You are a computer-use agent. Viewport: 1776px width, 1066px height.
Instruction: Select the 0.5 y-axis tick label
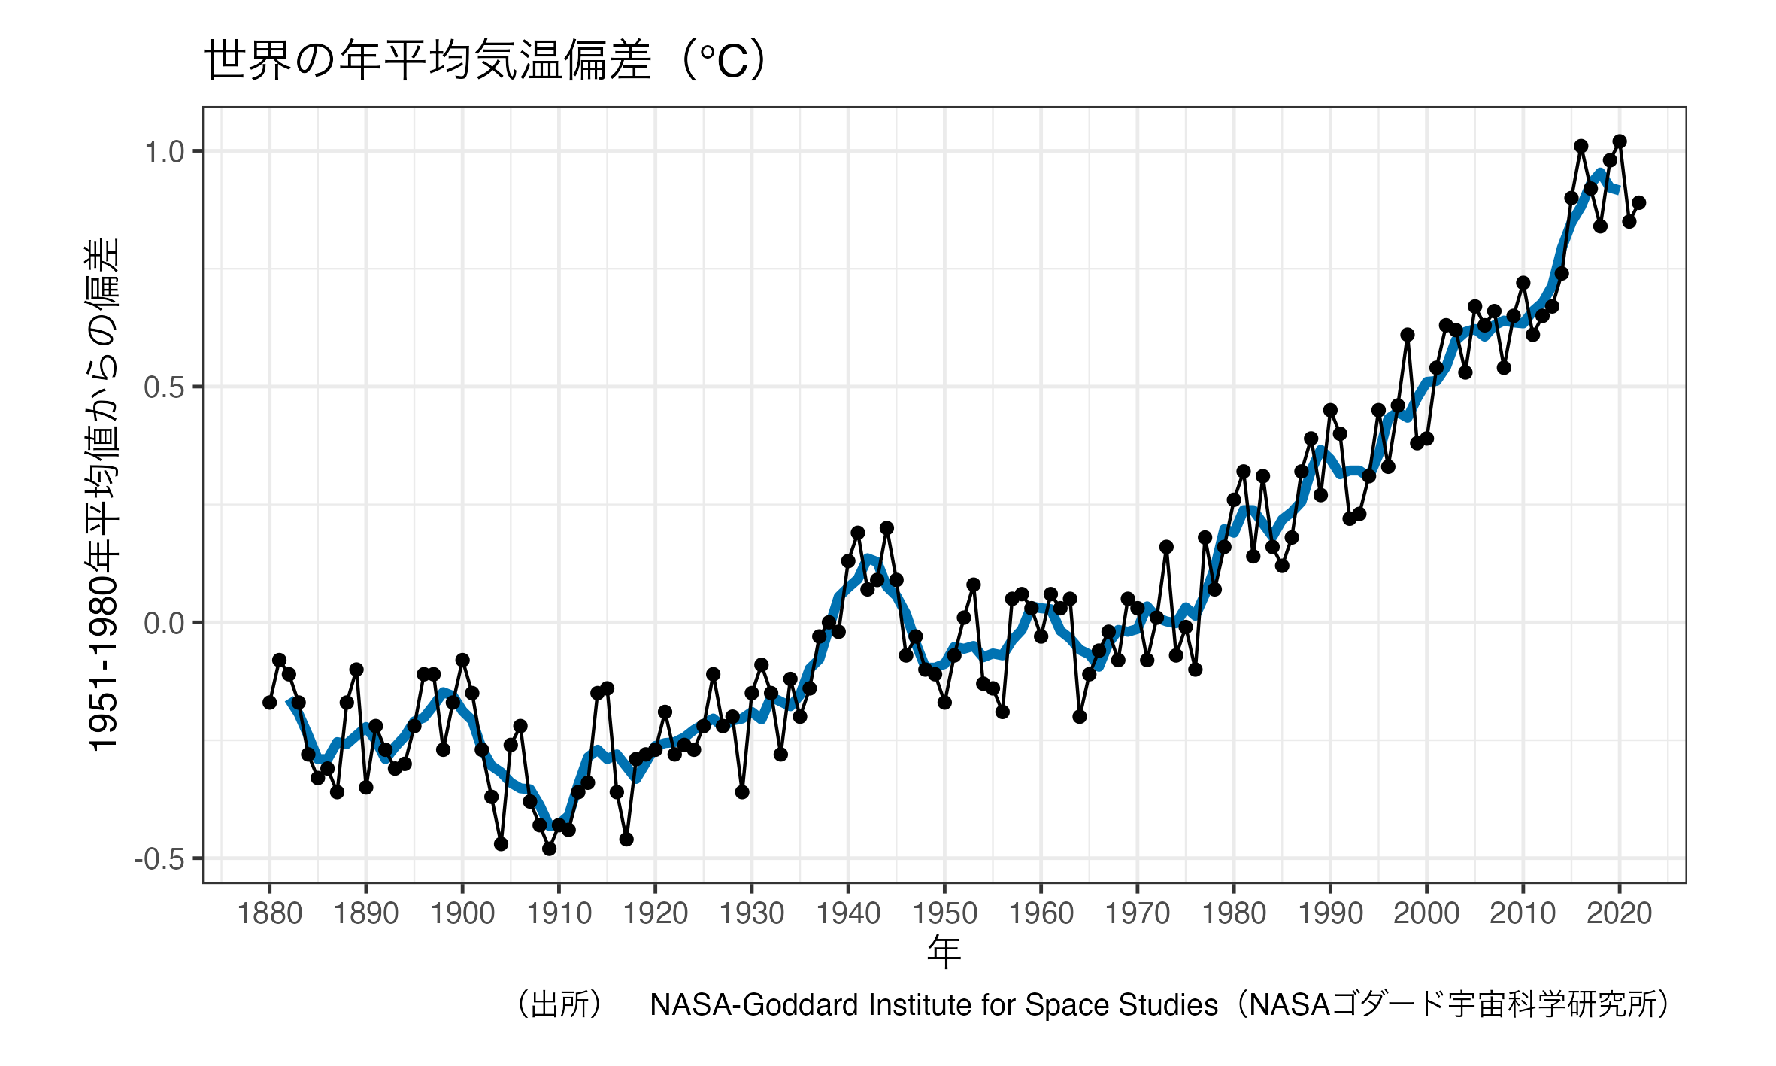coord(164,387)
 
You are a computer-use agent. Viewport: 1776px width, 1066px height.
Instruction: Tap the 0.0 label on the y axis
coord(164,624)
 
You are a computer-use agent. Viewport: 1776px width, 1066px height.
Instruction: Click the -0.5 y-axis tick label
coord(159,859)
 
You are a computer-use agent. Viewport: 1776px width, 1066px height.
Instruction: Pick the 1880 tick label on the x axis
coord(269,914)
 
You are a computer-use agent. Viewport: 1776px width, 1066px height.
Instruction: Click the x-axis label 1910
coord(559,914)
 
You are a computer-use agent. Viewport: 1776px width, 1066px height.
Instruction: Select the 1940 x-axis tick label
coord(848,914)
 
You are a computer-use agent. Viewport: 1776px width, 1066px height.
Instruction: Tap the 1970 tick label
coord(1137,914)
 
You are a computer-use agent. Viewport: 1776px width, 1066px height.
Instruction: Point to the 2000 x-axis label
coord(1426,914)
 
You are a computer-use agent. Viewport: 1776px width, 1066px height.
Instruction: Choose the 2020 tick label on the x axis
coord(1619,914)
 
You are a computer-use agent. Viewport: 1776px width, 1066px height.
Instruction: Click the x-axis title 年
coord(944,952)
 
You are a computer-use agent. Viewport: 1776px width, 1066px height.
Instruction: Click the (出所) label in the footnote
coord(560,1005)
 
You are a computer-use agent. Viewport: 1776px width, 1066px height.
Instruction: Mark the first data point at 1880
coord(270,703)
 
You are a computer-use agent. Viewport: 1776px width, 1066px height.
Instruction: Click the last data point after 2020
coord(1639,203)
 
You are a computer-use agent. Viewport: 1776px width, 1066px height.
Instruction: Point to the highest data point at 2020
coord(1620,141)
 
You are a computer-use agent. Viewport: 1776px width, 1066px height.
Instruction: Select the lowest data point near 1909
coord(550,849)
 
